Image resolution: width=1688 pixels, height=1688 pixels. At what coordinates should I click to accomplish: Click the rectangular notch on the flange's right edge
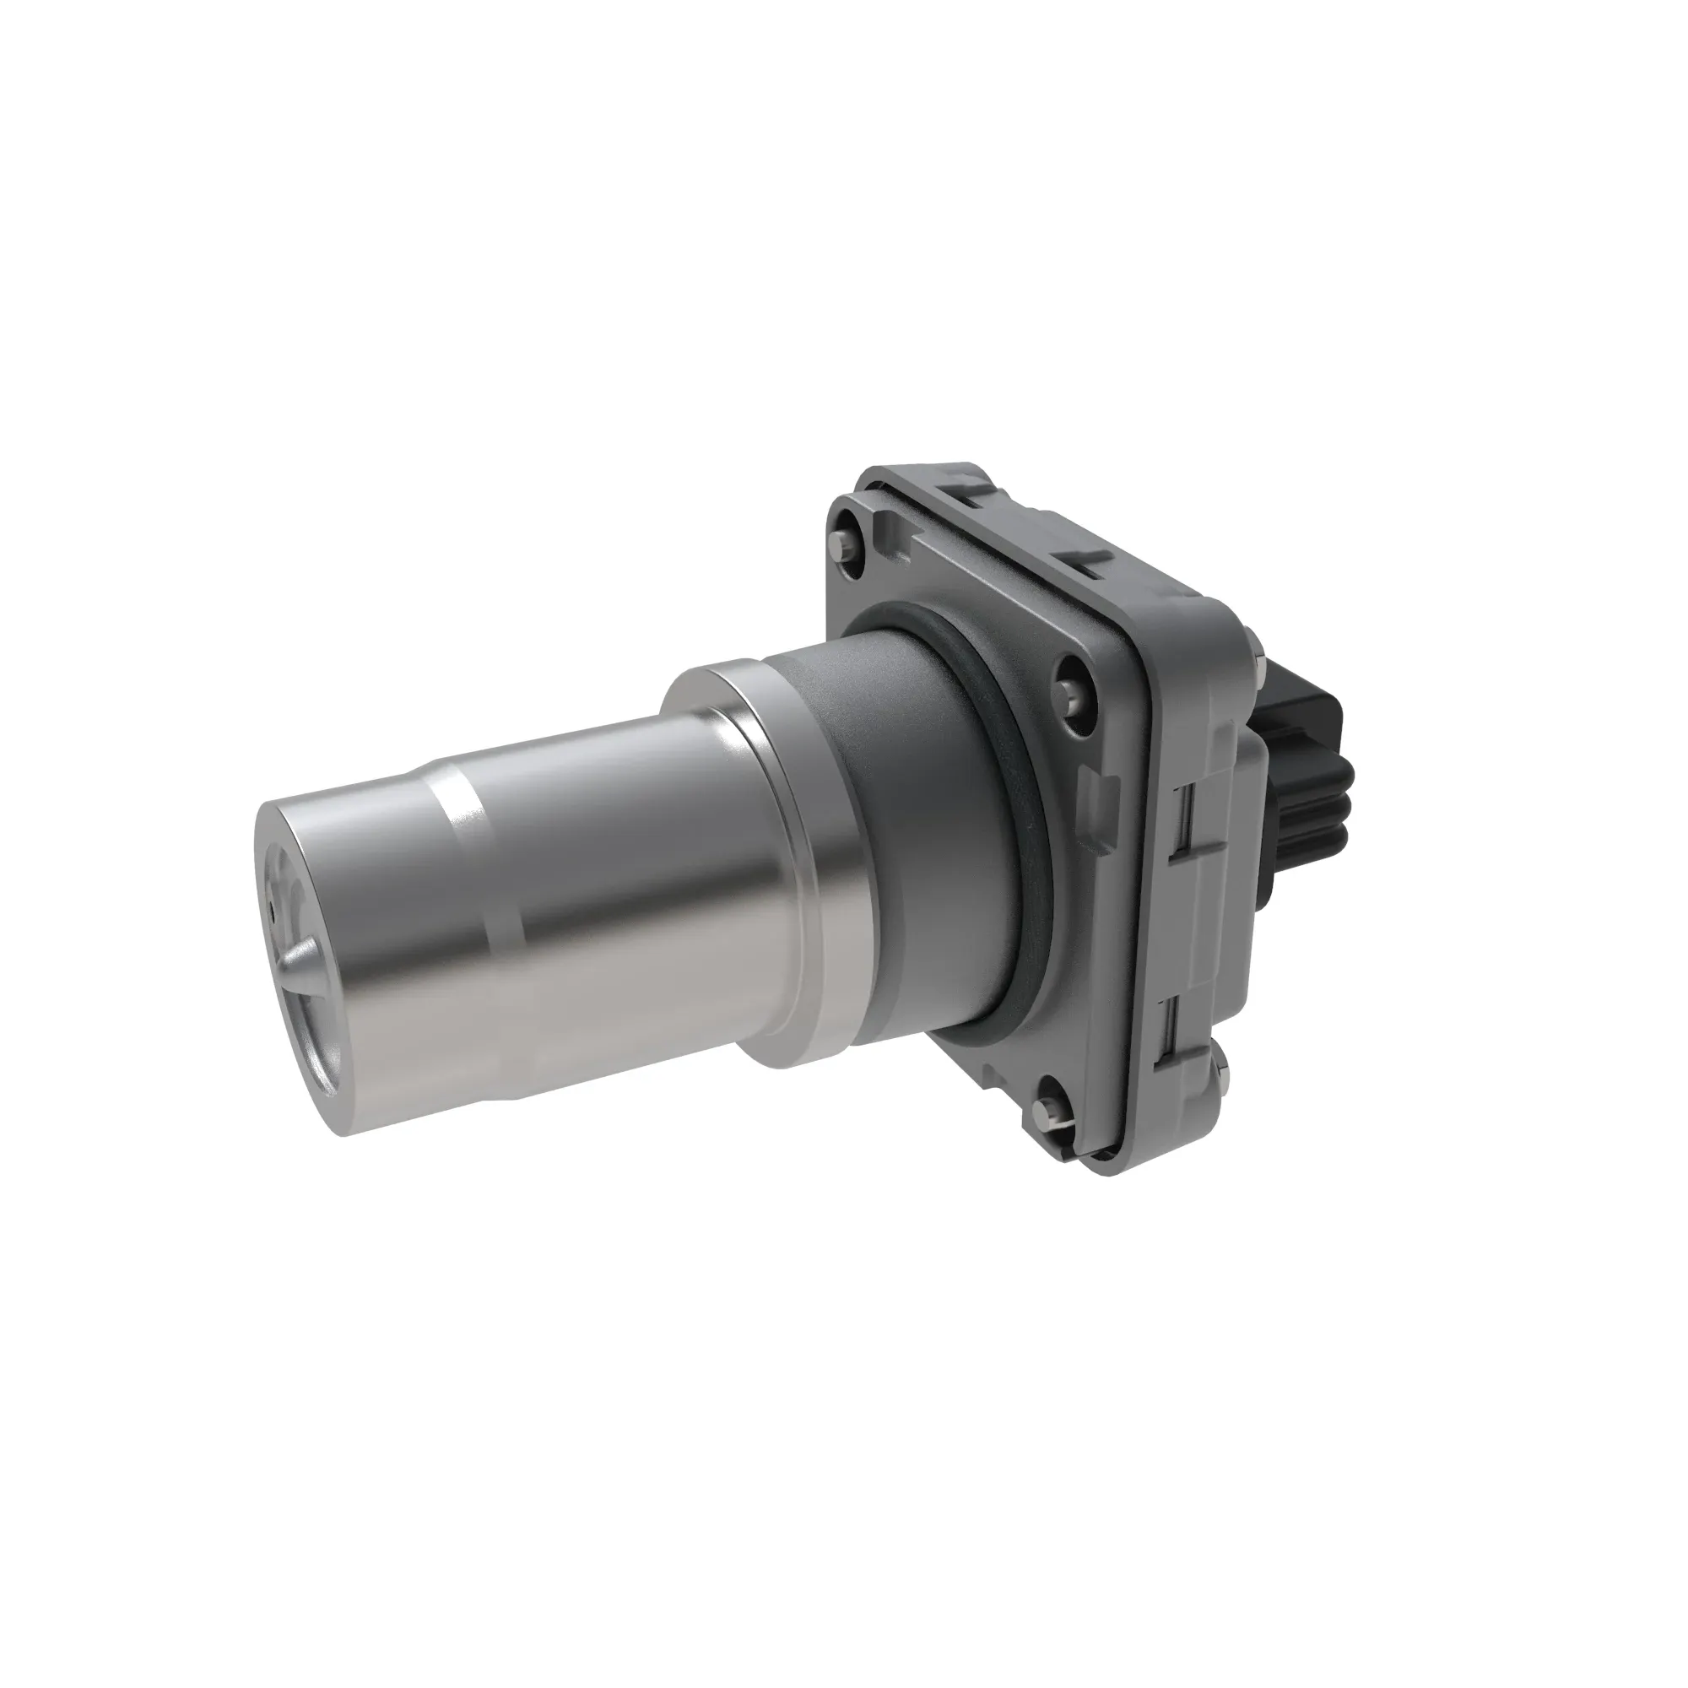[1097, 787]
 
